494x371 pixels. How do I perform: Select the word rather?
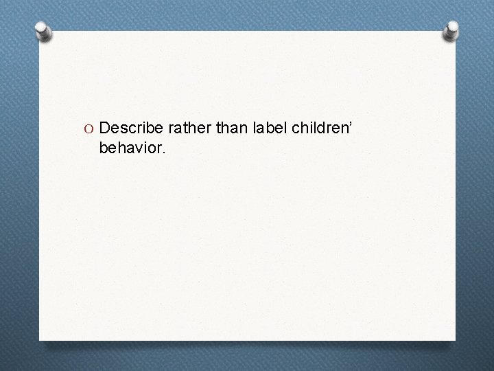pos(180,128)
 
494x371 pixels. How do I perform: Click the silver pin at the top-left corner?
pos(43,31)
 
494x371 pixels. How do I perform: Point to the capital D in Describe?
pos(105,128)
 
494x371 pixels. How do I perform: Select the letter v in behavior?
pos(134,147)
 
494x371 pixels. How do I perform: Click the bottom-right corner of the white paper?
pos(454,339)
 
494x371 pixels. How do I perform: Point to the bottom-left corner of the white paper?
pos(40,339)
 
